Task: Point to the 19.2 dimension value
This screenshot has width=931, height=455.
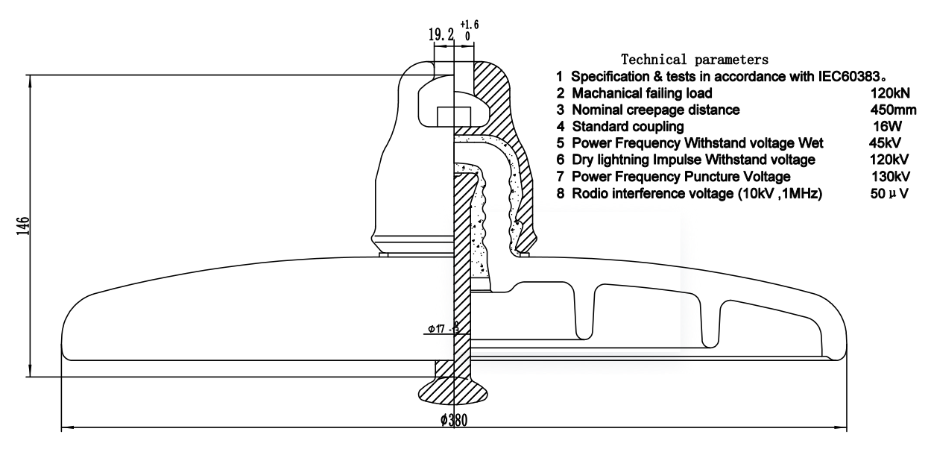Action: pyautogui.click(x=441, y=34)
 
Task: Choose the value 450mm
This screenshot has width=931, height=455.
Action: pyautogui.click(x=890, y=110)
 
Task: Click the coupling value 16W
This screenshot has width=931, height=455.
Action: pyautogui.click(x=886, y=127)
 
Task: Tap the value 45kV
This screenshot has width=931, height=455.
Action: pyautogui.click(x=885, y=143)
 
